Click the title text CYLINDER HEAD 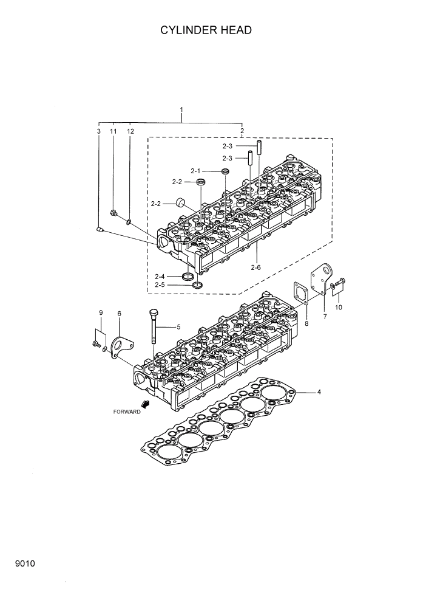[206, 30]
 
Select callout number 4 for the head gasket [319, 391]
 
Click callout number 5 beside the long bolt [178, 327]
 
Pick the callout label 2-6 [255, 267]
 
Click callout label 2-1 [195, 171]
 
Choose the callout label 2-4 [160, 277]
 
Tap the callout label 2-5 [160, 284]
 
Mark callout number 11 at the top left [113, 131]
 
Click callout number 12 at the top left [130, 131]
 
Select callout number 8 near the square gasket [306, 323]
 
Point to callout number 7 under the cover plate [325, 317]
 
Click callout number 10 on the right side [339, 307]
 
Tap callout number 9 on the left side [101, 312]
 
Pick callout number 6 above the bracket [119, 314]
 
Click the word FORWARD [127, 412]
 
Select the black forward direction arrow [146, 405]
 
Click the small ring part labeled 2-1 [225, 171]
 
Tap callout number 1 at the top [164, 110]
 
